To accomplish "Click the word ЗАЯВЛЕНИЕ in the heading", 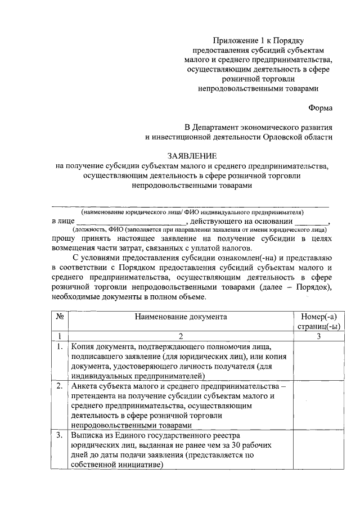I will (191, 155).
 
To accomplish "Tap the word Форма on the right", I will (320, 107).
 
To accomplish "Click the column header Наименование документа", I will (181, 317).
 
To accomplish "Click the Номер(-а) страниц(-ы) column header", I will (318, 321).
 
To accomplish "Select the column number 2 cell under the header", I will (181, 336).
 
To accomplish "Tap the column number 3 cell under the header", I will (318, 336).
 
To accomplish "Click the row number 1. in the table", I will (60, 346).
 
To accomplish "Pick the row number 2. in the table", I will (60, 387).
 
